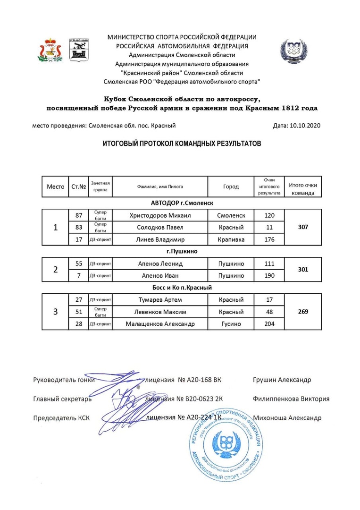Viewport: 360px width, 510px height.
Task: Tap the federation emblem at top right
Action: pos(293,51)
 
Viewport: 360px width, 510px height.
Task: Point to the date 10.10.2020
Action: pos(303,126)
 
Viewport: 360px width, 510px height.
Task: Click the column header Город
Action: pos(231,187)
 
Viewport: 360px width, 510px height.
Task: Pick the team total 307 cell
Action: pos(303,227)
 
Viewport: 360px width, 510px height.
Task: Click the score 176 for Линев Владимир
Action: pos(269,239)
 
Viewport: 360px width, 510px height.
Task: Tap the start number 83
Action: pos(79,227)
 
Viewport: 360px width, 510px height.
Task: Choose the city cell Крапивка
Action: pos(231,239)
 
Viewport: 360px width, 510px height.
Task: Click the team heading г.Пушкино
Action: pos(182,251)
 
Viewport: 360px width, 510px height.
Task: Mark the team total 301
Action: pos(303,269)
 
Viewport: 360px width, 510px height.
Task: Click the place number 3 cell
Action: pos(56,312)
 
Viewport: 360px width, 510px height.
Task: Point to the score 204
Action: pos(269,324)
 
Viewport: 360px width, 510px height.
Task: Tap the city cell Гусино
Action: pos(231,324)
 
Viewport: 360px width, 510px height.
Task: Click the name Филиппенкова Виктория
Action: pos(291,399)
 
